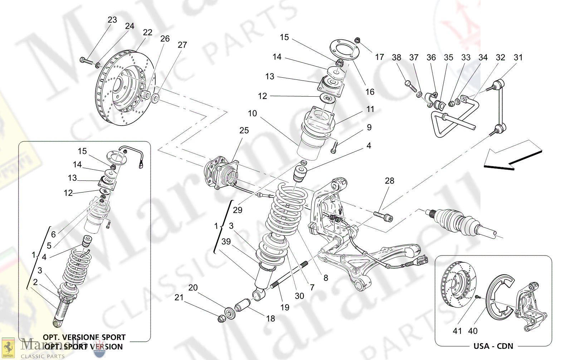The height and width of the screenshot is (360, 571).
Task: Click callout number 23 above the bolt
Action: pos(112,20)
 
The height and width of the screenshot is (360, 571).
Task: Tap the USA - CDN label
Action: pos(493,346)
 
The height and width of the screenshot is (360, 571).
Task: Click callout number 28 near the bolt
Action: pos(390,181)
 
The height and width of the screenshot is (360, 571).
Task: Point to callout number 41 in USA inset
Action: pos(458,331)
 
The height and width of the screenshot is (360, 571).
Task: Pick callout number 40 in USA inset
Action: pos(473,331)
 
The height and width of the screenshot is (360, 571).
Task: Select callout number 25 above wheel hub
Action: pos(244,131)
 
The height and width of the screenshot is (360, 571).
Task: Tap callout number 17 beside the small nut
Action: pos(379,57)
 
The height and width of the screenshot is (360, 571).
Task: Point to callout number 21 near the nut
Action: pos(179,297)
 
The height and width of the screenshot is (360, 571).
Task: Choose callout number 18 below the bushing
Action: pos(270,318)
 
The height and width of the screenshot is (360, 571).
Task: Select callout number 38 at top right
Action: pos(396,58)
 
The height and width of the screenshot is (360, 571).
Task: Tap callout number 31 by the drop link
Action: pos(518,58)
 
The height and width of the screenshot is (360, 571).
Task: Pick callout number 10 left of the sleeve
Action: pos(252,113)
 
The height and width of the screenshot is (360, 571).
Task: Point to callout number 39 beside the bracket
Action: pos(226,242)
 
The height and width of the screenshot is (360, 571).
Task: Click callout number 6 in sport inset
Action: pos(53,234)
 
